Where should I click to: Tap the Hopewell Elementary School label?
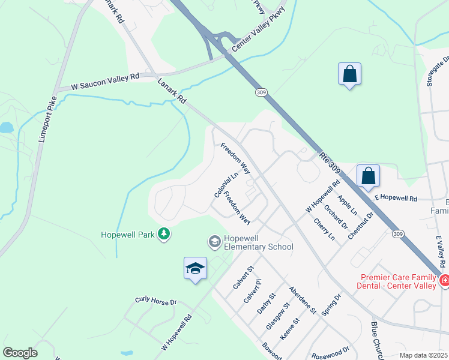coord(258,242)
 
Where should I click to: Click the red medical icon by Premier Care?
coord(444,280)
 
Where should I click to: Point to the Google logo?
coord(20,353)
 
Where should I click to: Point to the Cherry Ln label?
coord(324,229)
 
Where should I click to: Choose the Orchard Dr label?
coord(336,217)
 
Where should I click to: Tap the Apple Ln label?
coord(347,205)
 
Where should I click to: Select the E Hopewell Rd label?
coord(396,197)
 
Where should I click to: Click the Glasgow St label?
coord(277,316)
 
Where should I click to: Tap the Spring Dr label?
coord(331,305)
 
